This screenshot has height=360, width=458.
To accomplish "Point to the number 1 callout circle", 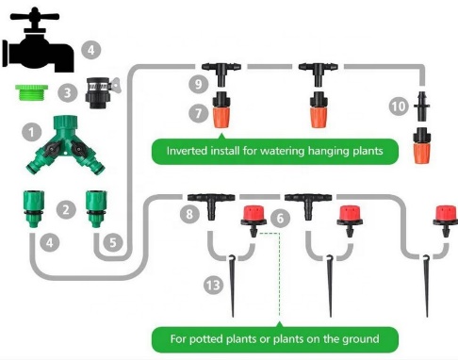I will coord(33,133).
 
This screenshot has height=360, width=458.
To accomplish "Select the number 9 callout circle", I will coord(195,85).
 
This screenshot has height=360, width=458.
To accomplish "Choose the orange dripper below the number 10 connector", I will coord(420,149).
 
